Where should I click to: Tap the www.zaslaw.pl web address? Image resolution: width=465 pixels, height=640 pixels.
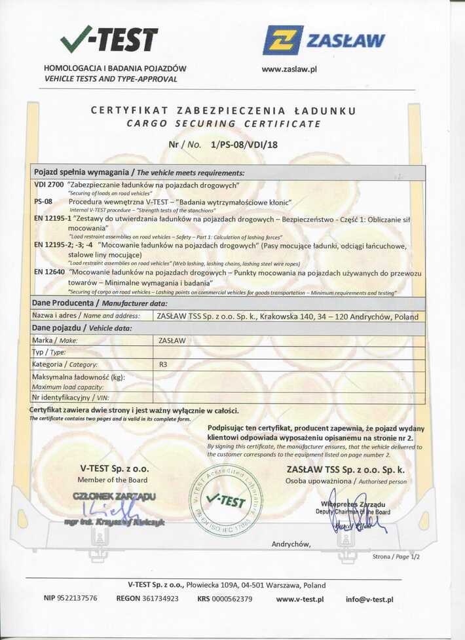tap(289, 68)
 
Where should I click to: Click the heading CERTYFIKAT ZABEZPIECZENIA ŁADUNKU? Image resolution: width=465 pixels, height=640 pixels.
tap(223, 111)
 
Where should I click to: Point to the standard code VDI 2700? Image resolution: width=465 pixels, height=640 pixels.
tap(48, 185)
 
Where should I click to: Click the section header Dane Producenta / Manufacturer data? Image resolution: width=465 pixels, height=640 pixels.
tap(100, 303)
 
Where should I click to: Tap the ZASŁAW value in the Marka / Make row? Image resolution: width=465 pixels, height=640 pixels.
tap(172, 340)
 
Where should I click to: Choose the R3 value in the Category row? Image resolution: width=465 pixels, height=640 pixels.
tap(164, 364)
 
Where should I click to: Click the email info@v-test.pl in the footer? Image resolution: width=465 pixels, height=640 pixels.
tap(369, 599)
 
